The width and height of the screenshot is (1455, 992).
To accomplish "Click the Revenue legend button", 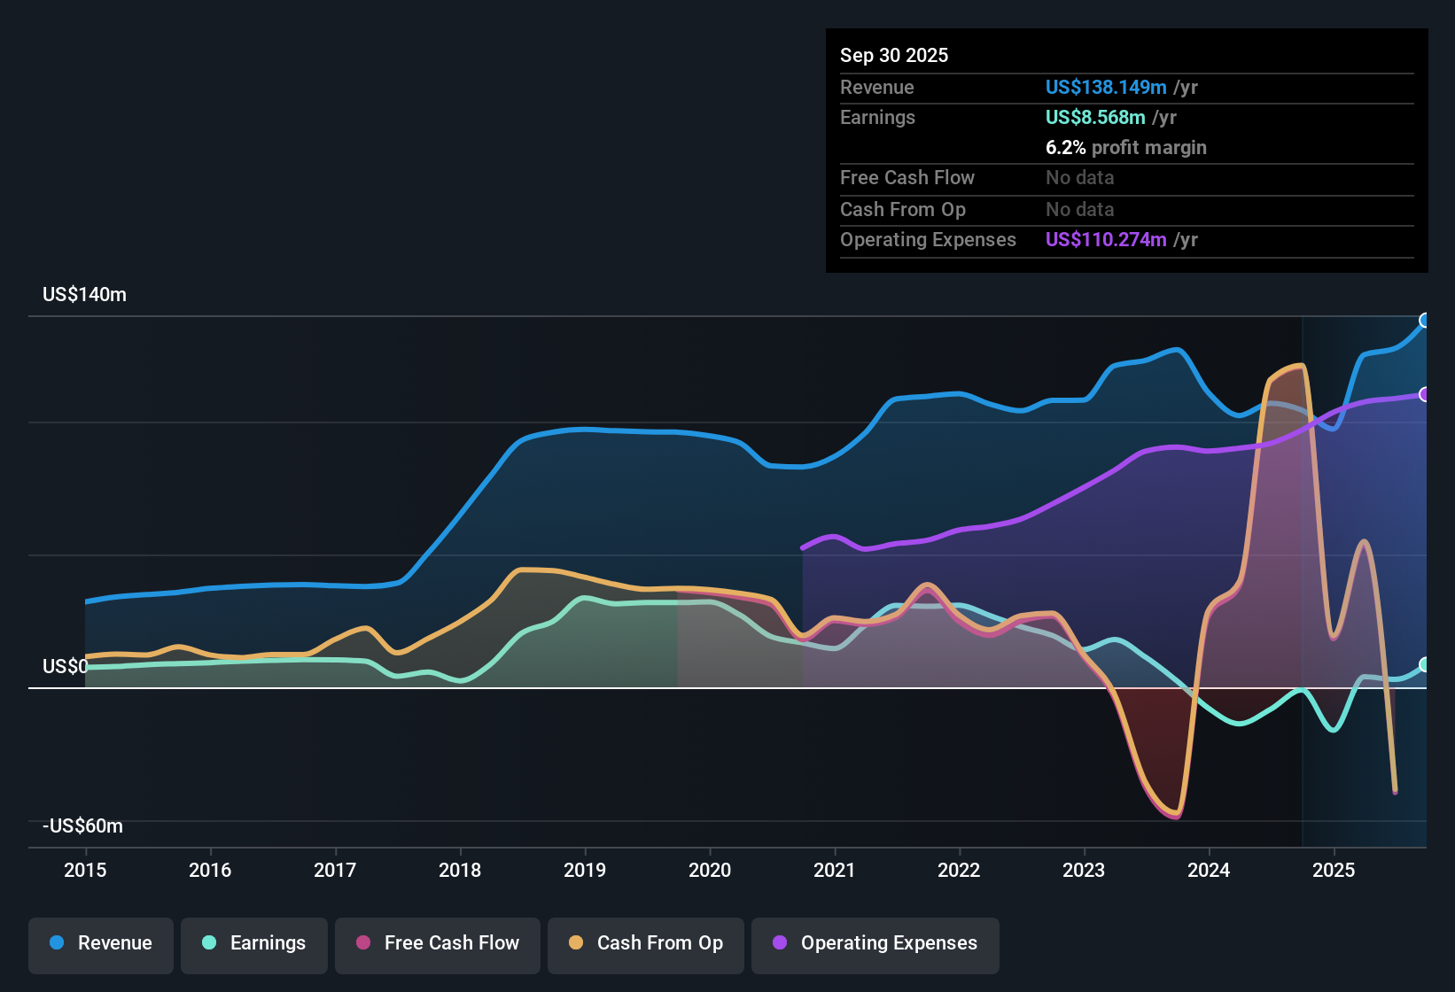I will click(101, 943).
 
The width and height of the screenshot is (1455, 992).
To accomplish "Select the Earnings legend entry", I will click(254, 943).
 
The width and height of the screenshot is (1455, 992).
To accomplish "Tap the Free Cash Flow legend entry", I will click(438, 943).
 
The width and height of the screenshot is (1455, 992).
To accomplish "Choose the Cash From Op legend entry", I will click(646, 943).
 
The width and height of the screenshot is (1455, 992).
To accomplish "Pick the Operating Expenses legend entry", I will click(875, 943).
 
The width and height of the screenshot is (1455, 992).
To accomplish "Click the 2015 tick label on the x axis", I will click(85, 870).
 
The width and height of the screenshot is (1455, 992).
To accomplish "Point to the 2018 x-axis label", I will click(460, 870).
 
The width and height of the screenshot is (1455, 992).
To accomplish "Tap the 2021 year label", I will click(835, 870).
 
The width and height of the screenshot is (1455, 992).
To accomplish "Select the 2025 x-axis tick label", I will click(1334, 870).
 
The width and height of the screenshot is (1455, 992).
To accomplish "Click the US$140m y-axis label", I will click(84, 295).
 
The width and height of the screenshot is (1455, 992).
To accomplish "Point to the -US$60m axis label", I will click(82, 826).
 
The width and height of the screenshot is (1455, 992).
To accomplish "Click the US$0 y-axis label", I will click(65, 667).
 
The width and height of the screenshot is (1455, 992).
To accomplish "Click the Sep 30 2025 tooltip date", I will click(894, 56).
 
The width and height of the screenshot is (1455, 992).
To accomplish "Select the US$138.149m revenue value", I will click(1106, 88).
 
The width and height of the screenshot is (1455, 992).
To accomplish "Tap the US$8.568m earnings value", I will click(1095, 118).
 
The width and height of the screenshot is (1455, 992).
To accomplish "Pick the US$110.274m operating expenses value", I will click(1106, 240).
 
